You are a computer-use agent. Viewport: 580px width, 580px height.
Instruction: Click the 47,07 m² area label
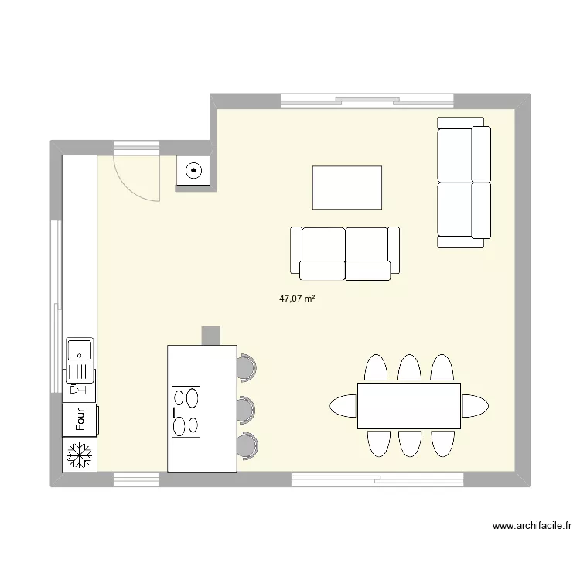pyautogui.click(x=297, y=299)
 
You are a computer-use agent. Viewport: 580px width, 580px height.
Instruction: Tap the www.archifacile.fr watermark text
pyautogui.click(x=532, y=526)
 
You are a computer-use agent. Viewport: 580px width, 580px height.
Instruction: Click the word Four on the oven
pyautogui.click(x=80, y=419)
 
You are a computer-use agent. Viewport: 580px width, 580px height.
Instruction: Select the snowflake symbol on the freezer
pyautogui.click(x=80, y=455)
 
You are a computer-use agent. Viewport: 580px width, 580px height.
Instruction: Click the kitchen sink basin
pyautogui.click(x=79, y=350)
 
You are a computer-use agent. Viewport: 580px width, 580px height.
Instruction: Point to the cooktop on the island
pyautogui.click(x=186, y=411)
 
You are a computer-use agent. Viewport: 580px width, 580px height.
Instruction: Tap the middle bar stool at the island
pyautogui.click(x=246, y=410)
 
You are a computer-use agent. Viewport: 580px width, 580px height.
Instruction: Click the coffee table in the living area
pyautogui.click(x=347, y=188)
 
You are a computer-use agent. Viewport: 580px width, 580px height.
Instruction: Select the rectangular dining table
pyautogui.click(x=409, y=406)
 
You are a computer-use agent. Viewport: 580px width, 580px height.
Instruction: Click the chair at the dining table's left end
pyautogui.click(x=343, y=406)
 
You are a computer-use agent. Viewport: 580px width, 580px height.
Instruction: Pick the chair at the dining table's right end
pyautogui.click(x=475, y=406)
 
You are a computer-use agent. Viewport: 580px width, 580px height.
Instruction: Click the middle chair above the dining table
pyautogui.click(x=409, y=367)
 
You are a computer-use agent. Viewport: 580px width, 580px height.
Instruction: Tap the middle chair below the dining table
pyautogui.click(x=410, y=444)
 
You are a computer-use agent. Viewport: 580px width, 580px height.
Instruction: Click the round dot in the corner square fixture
pyautogui.click(x=193, y=171)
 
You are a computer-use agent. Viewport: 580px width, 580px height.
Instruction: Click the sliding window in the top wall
pyautogui.click(x=367, y=101)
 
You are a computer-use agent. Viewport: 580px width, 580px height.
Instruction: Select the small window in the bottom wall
pyautogui.click(x=136, y=479)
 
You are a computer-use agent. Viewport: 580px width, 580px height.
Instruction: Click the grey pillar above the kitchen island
pyautogui.click(x=211, y=336)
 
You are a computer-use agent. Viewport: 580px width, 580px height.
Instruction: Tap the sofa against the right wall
pyautogui.click(x=464, y=183)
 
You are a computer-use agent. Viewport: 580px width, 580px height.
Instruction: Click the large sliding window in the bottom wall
pyautogui.click(x=377, y=479)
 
